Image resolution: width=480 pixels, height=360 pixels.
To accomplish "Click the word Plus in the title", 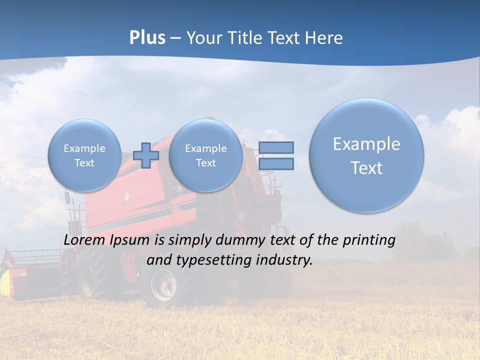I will click(x=147, y=38).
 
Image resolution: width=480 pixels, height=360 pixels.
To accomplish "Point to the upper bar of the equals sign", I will click(x=276, y=147).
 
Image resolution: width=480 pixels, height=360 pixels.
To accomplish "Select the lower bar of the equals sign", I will click(x=276, y=163).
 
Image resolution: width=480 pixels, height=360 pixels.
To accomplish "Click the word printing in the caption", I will click(x=368, y=240).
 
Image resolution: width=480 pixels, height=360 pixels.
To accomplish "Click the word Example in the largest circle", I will click(x=366, y=144).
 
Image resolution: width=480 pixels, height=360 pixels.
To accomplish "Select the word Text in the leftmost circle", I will click(x=84, y=163).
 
